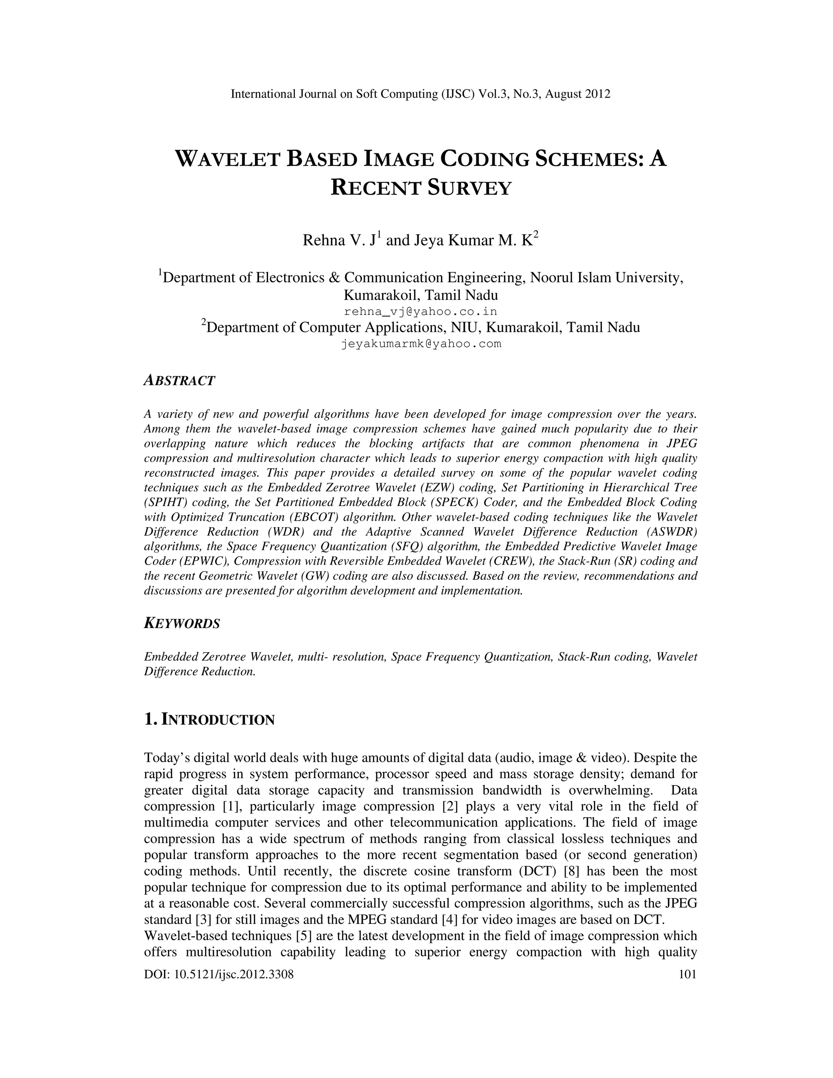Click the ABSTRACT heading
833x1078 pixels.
179,381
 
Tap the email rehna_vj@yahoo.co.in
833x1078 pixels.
421,312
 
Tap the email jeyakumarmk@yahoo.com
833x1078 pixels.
421,344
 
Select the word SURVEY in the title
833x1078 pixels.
469,188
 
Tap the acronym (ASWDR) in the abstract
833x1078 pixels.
671,532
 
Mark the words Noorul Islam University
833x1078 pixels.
606,277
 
